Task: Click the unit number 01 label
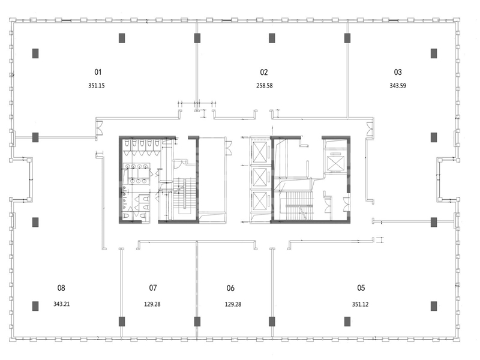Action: coord(98,72)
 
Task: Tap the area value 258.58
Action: coord(265,85)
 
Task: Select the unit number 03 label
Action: coord(398,72)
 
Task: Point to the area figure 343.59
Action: coord(398,86)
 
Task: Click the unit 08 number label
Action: coord(61,288)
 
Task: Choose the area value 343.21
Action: coord(62,304)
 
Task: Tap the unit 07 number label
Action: coord(153,288)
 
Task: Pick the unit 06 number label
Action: coord(230,288)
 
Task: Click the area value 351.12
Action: coord(361,304)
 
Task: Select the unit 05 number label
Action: coord(361,288)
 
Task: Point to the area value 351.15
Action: coord(97,85)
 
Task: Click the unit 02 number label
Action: coord(264,72)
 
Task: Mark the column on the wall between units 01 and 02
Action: coord(197,38)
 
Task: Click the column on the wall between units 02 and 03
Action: coord(347,38)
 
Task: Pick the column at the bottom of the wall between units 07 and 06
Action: coord(197,322)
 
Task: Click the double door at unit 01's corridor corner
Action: coord(99,128)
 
